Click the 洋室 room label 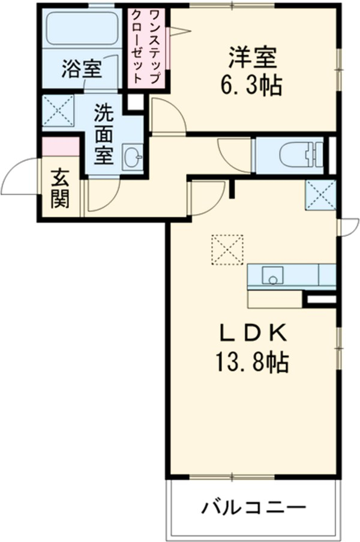[x=252, y=59]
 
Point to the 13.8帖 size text [x=251, y=362]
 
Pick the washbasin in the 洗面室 [x=132, y=158]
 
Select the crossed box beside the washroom [x=59, y=111]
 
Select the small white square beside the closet [x=134, y=101]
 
